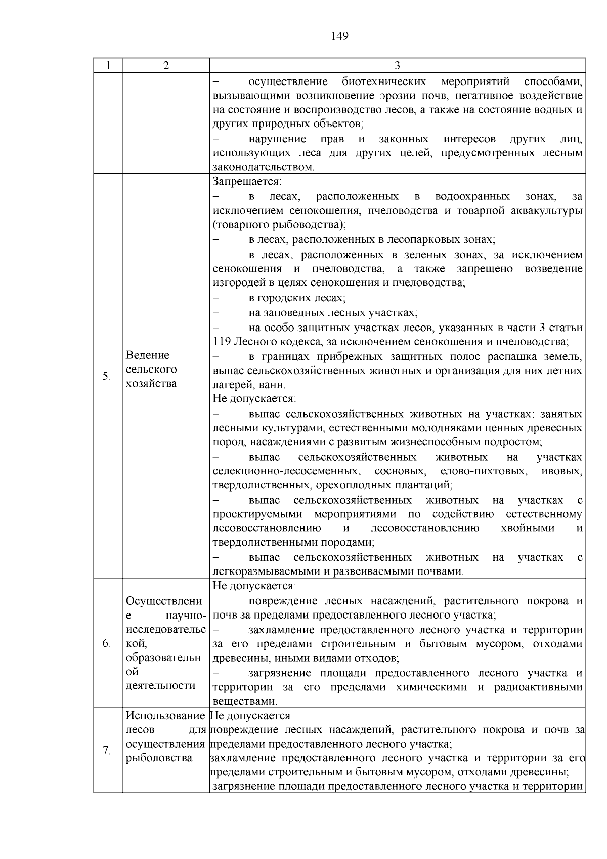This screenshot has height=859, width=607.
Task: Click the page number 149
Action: pyautogui.click(x=339, y=36)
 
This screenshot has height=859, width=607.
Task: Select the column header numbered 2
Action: pyautogui.click(x=166, y=66)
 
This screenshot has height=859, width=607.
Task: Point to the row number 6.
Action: pyautogui.click(x=107, y=643)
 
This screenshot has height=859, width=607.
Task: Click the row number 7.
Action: pyautogui.click(x=107, y=751)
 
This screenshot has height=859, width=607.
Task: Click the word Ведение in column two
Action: pyautogui.click(x=148, y=355)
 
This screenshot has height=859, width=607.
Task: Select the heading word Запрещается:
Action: pyautogui.click(x=247, y=181)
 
